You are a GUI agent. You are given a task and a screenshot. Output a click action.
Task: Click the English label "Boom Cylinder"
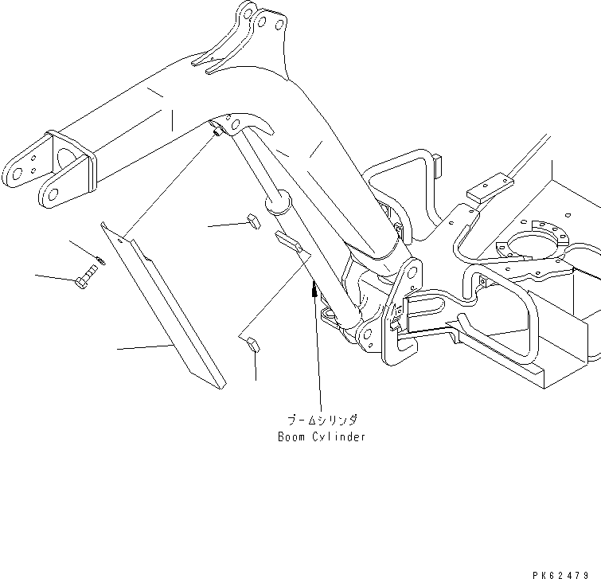click(x=321, y=437)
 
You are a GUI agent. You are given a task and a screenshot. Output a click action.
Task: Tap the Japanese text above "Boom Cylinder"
click(x=322, y=420)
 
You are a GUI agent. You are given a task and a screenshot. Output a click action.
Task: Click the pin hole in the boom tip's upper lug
click(x=16, y=169)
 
